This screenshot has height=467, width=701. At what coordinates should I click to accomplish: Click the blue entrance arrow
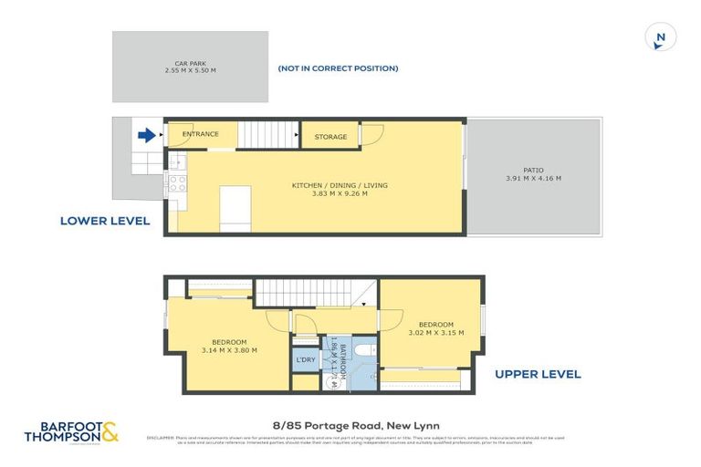coord(145,136)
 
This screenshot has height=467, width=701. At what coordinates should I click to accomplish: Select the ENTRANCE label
coord(200,134)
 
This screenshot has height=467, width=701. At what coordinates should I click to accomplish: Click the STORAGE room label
coord(330,137)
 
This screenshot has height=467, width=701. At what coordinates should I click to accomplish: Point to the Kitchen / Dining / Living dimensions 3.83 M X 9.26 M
coord(340,193)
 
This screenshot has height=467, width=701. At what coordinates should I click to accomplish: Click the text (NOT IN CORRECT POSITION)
coord(338,68)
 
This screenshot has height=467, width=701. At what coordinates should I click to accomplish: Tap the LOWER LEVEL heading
coord(105,221)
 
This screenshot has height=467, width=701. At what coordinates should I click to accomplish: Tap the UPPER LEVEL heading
coord(538,374)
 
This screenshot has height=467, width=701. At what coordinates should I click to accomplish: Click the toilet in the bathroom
coord(362,351)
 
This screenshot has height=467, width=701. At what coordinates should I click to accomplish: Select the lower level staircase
coord(268,135)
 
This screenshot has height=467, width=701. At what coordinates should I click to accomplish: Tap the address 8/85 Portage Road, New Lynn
coord(350,424)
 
